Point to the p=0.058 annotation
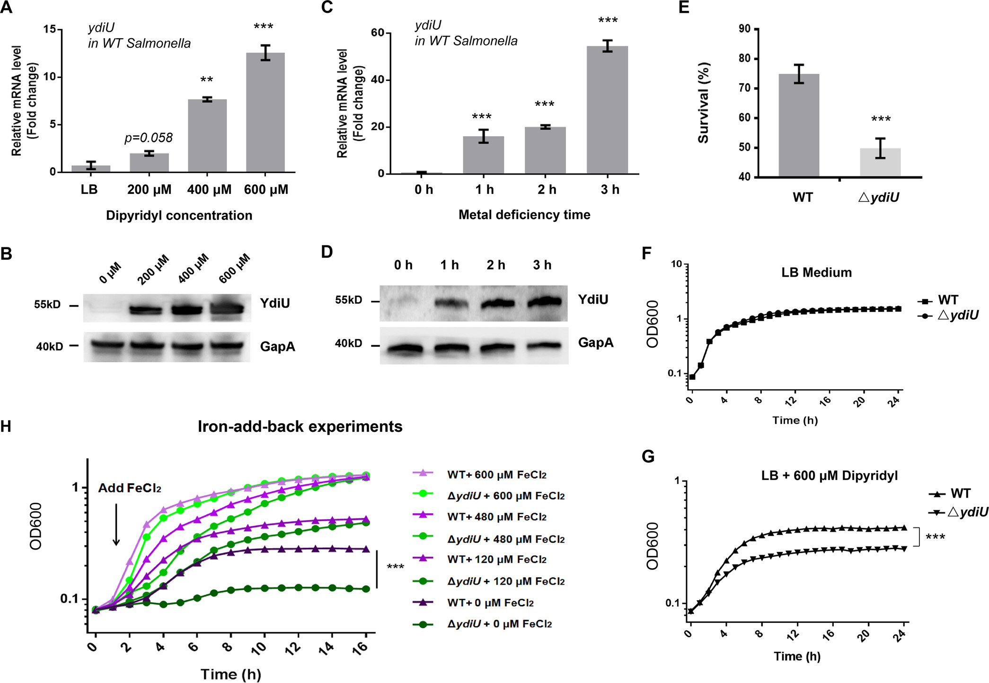(x=148, y=138)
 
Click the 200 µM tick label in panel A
(x=149, y=190)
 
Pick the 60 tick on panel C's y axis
(x=378, y=33)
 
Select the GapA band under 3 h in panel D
(x=544, y=346)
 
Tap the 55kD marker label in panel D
(x=348, y=300)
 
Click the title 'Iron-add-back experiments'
(x=300, y=427)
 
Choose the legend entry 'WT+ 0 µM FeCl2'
(x=490, y=603)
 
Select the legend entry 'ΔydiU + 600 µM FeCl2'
(x=506, y=496)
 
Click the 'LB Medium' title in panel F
(x=816, y=272)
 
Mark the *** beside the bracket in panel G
(x=935, y=537)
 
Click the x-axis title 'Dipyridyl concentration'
(x=179, y=216)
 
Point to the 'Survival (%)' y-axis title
(x=703, y=103)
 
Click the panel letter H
(x=6, y=427)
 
